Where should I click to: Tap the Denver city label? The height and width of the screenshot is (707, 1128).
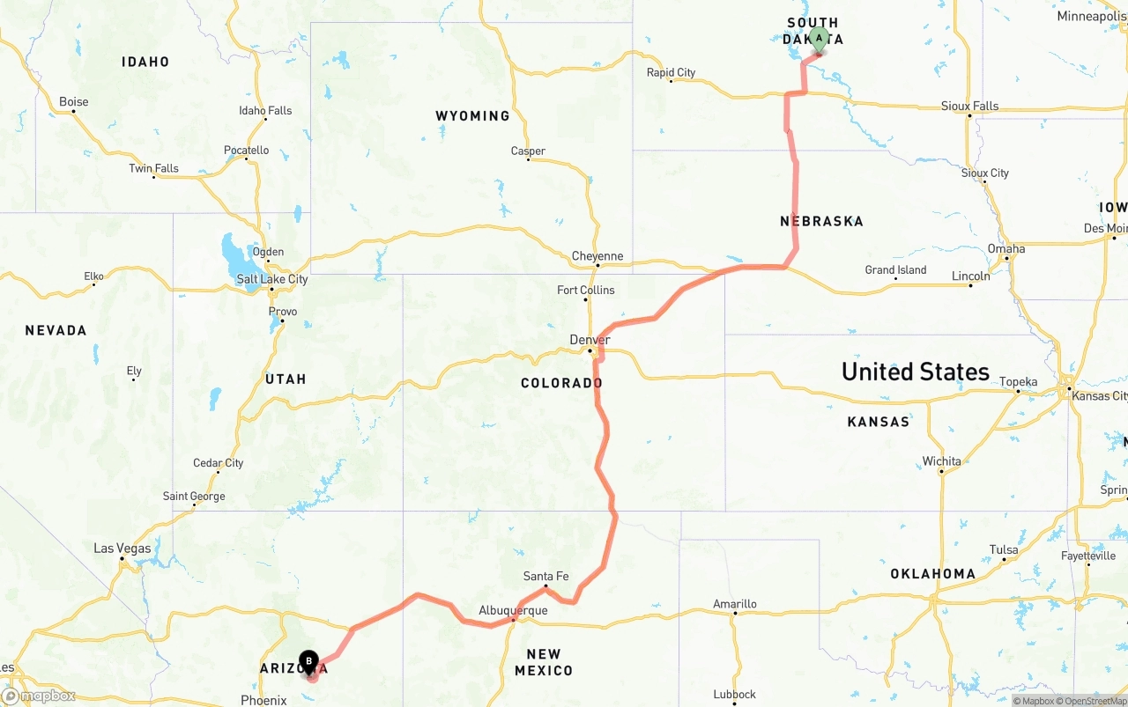pyautogui.click(x=590, y=340)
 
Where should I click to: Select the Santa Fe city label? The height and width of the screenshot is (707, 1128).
pyautogui.click(x=545, y=577)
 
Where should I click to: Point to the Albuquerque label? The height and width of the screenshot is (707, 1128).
pyautogui.click(x=513, y=610)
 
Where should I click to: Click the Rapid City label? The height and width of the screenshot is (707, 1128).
pyautogui.click(x=671, y=72)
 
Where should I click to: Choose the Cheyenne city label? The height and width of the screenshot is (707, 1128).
pyautogui.click(x=597, y=256)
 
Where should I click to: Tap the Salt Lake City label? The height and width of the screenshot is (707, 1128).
pyautogui.click(x=272, y=279)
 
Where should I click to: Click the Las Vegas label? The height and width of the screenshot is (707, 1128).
pyautogui.click(x=122, y=549)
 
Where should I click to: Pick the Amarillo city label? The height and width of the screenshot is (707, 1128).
pyautogui.click(x=735, y=604)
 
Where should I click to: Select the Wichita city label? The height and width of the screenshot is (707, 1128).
pyautogui.click(x=942, y=461)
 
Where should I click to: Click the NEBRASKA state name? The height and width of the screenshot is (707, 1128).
pyautogui.click(x=821, y=221)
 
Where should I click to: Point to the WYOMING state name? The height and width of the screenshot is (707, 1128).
pyautogui.click(x=472, y=115)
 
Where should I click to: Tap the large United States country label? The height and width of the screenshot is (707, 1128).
pyautogui.click(x=915, y=372)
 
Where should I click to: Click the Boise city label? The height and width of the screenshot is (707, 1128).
pyautogui.click(x=74, y=102)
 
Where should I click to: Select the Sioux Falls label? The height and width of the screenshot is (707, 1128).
pyautogui.click(x=969, y=107)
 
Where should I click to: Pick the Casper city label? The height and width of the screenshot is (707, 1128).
pyautogui.click(x=528, y=151)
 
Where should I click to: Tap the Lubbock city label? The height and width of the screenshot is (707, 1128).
pyautogui.click(x=735, y=695)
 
